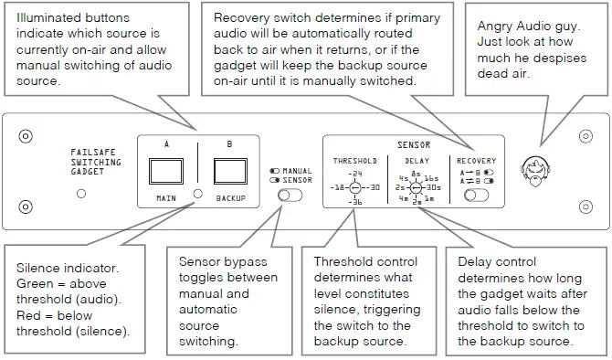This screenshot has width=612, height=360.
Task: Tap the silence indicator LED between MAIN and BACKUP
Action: click(x=197, y=195)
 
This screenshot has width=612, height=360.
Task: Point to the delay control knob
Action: click(x=416, y=187)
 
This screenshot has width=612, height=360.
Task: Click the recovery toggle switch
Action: click(x=474, y=194)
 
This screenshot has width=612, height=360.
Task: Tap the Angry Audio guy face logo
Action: click(x=534, y=170)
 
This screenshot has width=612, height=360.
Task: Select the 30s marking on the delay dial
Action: click(x=435, y=187)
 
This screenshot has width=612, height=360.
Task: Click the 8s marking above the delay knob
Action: click(x=416, y=173)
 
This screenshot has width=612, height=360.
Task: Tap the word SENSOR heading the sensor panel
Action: click(x=414, y=145)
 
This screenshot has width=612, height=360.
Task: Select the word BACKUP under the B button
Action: click(x=230, y=197)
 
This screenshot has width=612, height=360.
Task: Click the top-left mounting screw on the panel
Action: click(x=26, y=134)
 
